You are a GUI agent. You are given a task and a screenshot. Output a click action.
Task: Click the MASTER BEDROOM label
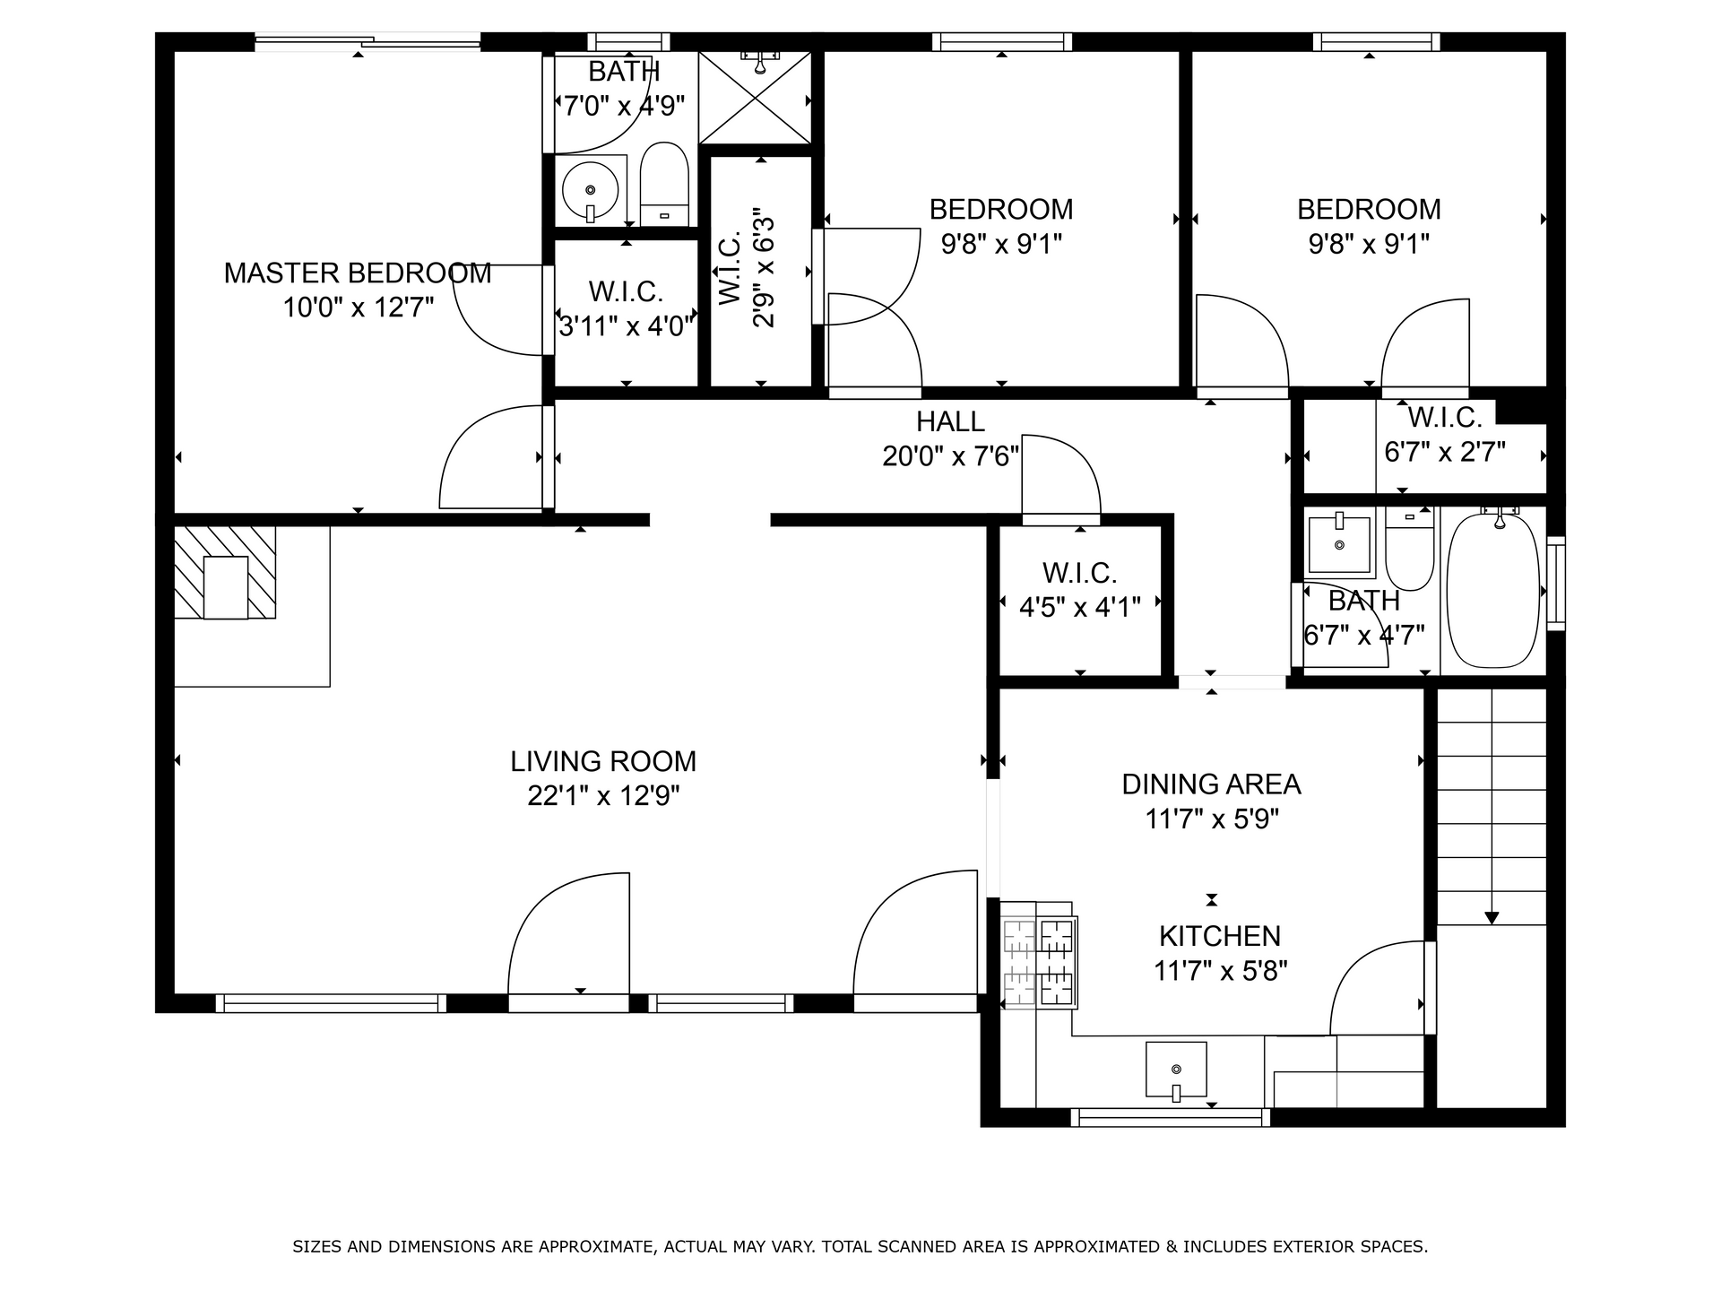(357, 273)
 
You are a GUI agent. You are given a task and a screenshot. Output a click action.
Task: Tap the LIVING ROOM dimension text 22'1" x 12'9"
(603, 795)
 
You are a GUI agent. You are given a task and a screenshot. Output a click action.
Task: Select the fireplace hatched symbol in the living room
(224, 572)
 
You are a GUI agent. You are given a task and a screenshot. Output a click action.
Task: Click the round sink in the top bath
(590, 190)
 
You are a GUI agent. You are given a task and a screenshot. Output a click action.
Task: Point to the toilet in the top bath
(663, 184)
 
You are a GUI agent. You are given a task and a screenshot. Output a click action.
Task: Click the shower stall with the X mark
(755, 98)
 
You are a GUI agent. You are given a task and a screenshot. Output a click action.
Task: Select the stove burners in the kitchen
(1040, 963)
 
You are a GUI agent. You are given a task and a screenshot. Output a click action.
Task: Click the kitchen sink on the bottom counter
(1176, 1070)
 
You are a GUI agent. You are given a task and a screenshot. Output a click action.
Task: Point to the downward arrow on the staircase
(1492, 916)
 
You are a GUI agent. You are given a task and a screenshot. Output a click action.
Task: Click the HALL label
(950, 421)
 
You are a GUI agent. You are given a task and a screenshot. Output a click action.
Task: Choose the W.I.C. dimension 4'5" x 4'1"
(1079, 608)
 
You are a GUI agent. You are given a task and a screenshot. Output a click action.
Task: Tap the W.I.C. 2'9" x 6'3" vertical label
(747, 269)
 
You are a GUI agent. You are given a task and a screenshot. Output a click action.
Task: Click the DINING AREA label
(1211, 784)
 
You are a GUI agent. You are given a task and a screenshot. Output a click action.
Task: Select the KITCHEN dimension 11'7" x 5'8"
(1220, 971)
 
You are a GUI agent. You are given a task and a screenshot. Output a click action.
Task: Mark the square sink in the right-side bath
(1339, 545)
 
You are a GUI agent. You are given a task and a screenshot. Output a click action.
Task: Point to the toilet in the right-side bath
(1409, 547)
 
